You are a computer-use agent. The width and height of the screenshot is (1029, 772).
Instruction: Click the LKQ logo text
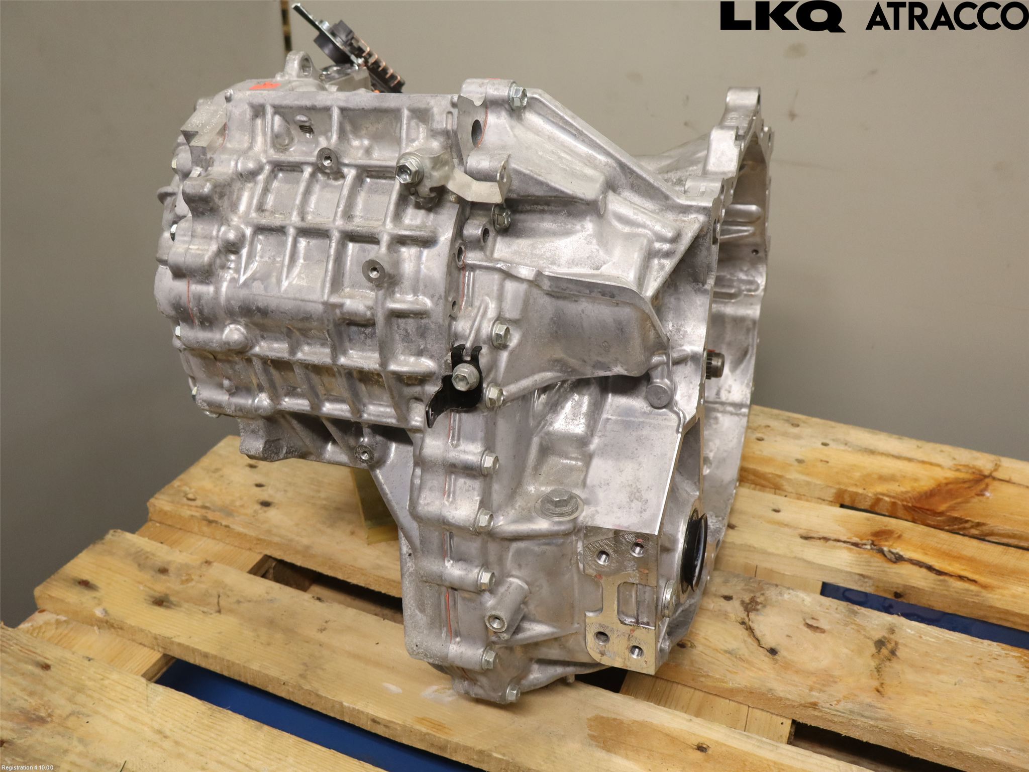(781, 17)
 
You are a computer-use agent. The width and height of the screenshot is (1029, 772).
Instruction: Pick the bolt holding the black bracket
(464, 374)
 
